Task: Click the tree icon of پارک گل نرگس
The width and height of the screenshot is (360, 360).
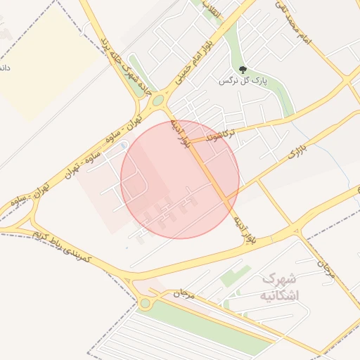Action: coord(243,70)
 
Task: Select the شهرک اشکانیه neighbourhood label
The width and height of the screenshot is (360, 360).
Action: coord(279,287)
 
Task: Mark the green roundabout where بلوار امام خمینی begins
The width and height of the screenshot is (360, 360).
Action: coord(157,101)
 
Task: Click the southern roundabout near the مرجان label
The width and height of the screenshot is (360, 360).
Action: coord(146,303)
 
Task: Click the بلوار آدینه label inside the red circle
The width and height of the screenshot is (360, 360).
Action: coord(179,133)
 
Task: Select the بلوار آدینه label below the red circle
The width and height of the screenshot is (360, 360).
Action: coord(244,229)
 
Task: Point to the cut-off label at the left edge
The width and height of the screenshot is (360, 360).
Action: coord(4,67)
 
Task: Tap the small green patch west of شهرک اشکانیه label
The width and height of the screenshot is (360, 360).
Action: coord(235,276)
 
